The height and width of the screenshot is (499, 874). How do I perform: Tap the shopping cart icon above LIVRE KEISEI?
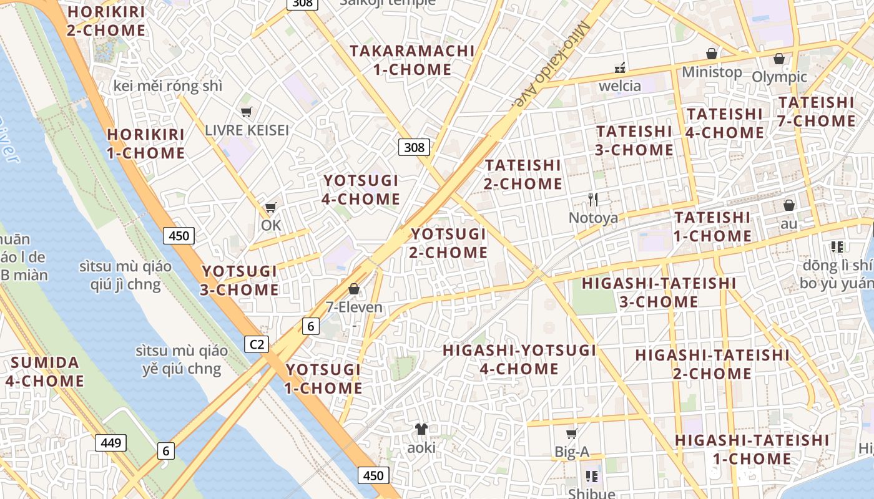pos(246,112)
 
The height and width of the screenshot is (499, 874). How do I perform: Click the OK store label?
pos(271,225)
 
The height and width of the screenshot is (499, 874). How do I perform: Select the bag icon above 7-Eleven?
pos(354,289)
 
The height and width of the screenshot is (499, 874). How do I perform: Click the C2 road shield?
pos(256,344)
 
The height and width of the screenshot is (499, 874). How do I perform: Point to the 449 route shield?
pos(110,443)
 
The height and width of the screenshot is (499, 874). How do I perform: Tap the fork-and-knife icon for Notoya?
pos(593,200)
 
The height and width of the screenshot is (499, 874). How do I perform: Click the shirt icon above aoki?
pos(421,429)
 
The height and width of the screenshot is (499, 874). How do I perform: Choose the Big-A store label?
pos(571,452)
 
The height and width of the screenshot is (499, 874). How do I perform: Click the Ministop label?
pos(712,72)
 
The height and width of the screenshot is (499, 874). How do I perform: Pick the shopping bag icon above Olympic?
pos(778,59)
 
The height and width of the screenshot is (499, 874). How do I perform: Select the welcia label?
pos(620,85)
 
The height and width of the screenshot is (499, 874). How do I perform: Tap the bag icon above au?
pos(789,205)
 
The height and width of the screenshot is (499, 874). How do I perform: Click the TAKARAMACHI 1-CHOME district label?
pos(412,60)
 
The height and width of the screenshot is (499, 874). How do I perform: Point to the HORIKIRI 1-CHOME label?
pos(146,143)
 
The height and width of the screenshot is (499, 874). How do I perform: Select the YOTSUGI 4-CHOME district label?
pos(361,190)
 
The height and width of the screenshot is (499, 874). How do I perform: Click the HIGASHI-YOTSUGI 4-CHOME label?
pos(519,359)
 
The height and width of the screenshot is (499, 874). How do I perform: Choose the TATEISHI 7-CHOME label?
pos(817,111)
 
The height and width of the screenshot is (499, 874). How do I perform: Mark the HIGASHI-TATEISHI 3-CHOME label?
pos(659,292)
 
